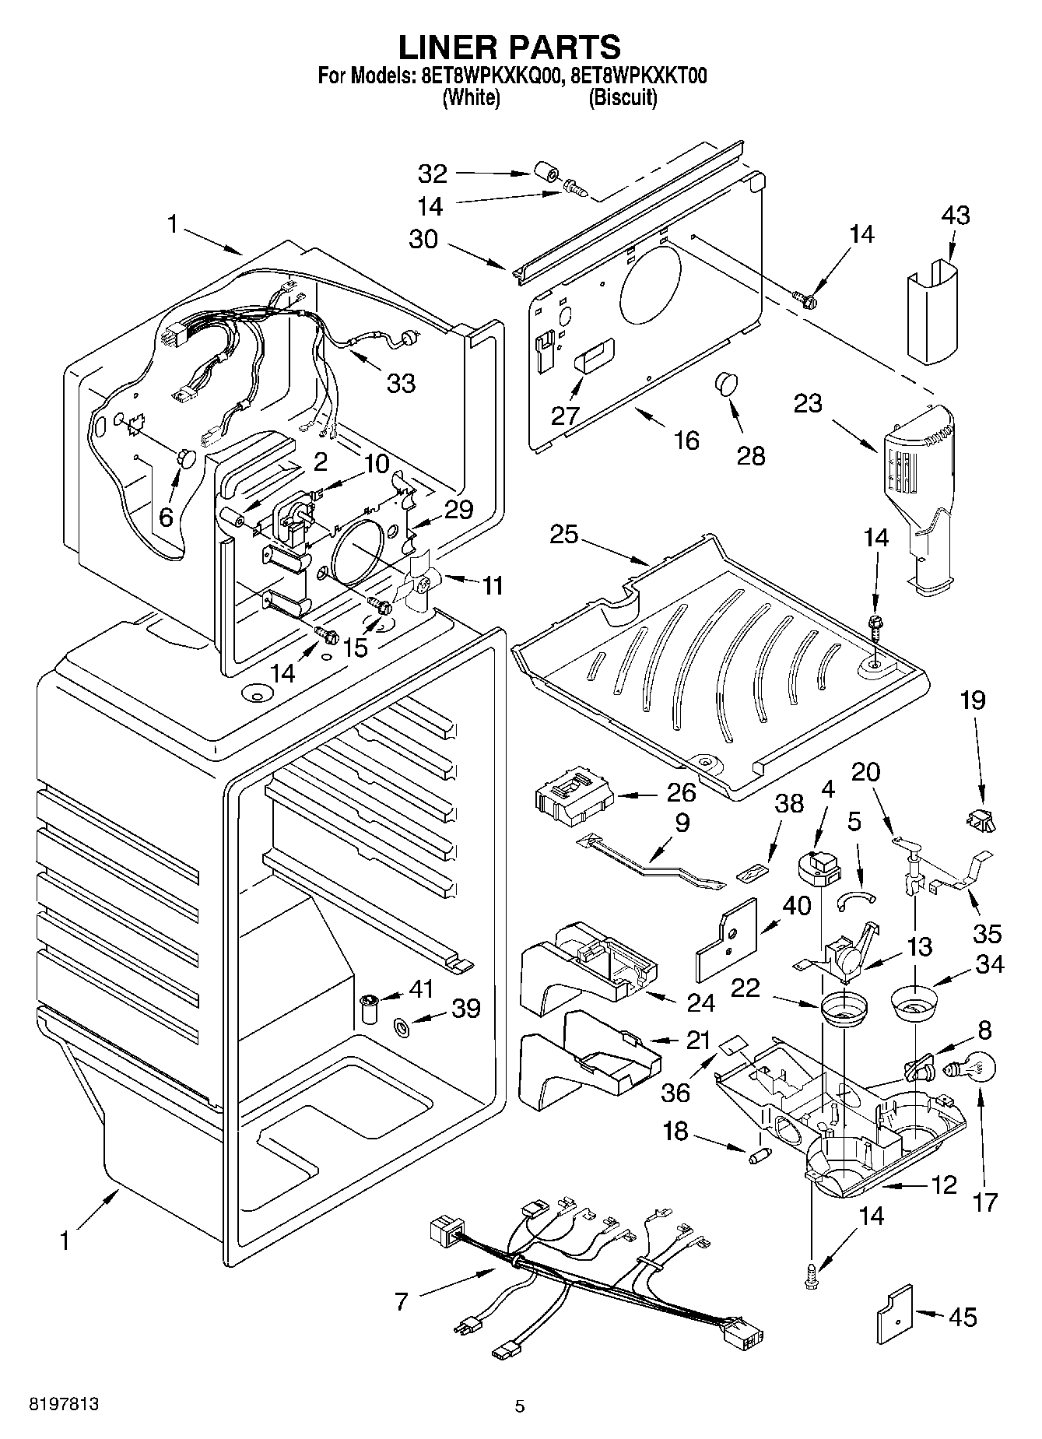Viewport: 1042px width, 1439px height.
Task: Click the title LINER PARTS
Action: pyautogui.click(x=510, y=47)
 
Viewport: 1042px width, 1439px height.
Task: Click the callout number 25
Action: pyautogui.click(x=565, y=535)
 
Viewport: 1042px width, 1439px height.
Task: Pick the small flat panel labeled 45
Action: pyautogui.click(x=893, y=1314)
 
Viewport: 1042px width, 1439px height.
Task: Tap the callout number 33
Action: pyautogui.click(x=402, y=382)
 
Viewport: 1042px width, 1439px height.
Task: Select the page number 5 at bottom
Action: pyautogui.click(x=520, y=1406)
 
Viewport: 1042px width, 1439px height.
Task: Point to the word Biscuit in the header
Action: pyautogui.click(x=623, y=98)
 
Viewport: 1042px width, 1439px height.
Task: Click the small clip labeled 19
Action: pyautogui.click(x=982, y=819)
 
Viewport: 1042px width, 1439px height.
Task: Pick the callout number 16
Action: pyautogui.click(x=686, y=440)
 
